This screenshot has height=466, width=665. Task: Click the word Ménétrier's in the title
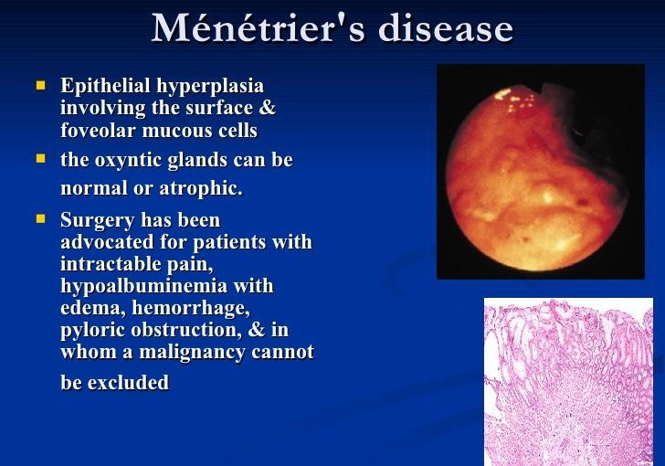[x=258, y=28]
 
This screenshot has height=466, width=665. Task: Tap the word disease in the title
[x=446, y=28]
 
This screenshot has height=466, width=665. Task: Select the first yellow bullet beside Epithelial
[x=41, y=86]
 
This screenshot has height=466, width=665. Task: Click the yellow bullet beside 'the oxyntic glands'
[x=41, y=159]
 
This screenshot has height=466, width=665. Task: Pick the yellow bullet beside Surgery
[x=41, y=218]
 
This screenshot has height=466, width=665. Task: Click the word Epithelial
[x=106, y=86]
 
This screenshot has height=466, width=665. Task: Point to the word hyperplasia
[x=210, y=87]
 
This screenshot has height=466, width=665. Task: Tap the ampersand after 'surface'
[x=267, y=107]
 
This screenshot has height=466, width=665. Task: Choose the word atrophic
[x=201, y=188]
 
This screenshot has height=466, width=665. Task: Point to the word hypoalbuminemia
[x=144, y=286]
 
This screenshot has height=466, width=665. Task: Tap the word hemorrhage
[x=191, y=308]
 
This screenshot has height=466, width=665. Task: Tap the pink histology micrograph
[x=569, y=382]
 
